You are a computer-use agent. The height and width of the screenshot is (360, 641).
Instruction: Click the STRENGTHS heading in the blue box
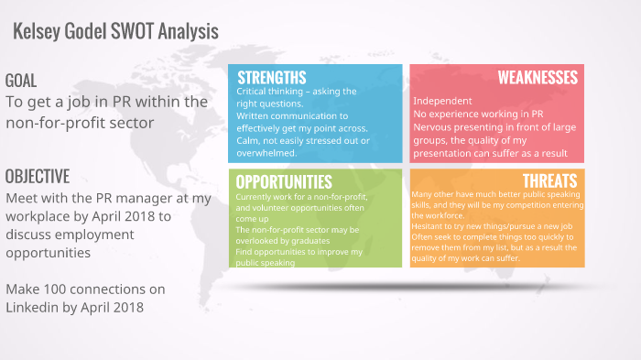pyautogui.click(x=271, y=77)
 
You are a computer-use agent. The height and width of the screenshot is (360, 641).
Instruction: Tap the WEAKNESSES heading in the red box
pyautogui.click(x=538, y=77)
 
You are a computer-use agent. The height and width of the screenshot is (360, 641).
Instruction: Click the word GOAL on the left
pyautogui.click(x=21, y=79)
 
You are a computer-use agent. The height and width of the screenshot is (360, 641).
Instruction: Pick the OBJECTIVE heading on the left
pyautogui.click(x=37, y=176)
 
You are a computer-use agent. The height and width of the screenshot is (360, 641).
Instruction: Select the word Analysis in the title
pyautogui.click(x=188, y=31)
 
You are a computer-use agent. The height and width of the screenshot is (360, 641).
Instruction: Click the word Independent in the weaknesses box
pyautogui.click(x=442, y=100)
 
